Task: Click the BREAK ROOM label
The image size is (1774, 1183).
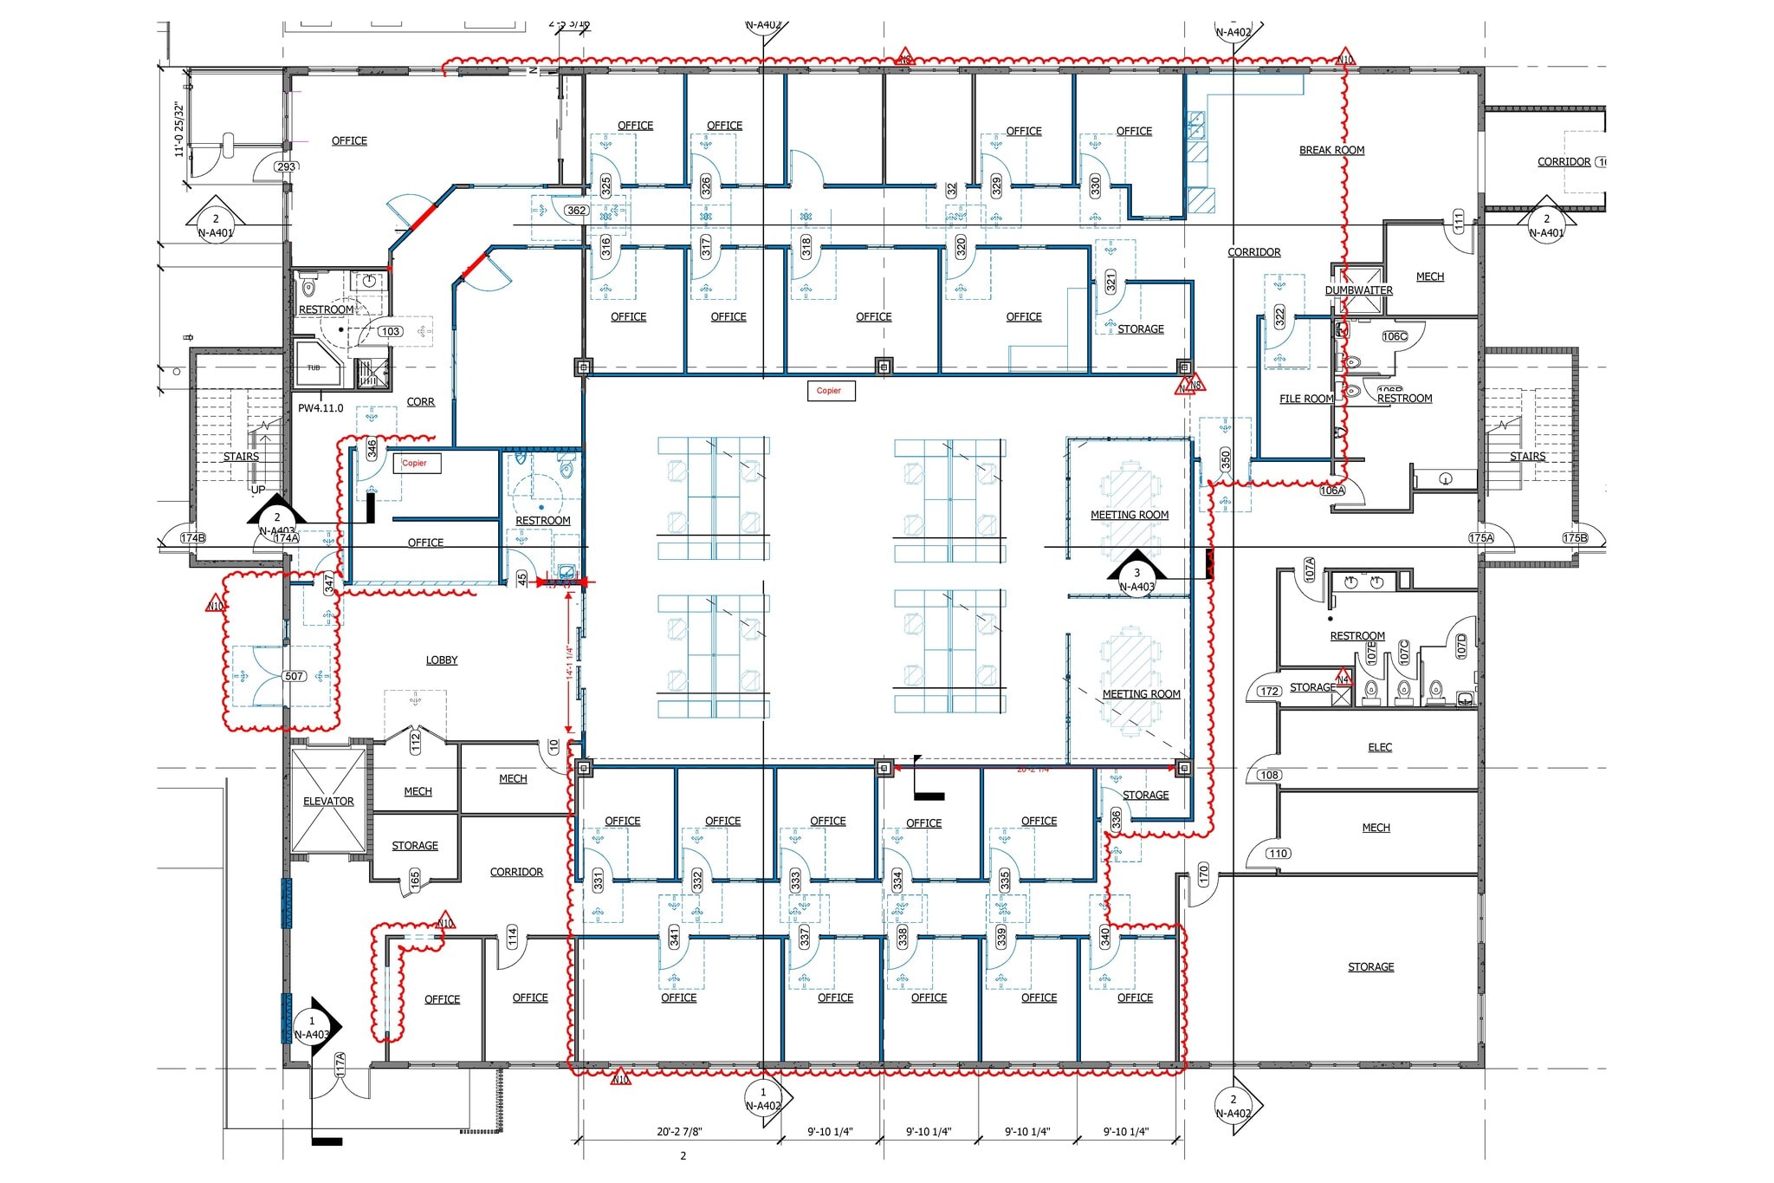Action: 1331,150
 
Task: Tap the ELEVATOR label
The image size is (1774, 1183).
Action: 328,801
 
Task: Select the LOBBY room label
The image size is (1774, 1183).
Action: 442,660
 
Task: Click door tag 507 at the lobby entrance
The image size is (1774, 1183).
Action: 295,676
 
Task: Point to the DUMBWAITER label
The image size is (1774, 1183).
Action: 1358,290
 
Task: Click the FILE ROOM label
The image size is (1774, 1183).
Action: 1306,399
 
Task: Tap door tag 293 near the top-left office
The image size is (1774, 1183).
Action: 286,166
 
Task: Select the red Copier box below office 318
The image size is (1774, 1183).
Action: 829,391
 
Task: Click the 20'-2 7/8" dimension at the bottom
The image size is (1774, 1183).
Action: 678,1131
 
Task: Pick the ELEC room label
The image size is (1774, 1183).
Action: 1380,747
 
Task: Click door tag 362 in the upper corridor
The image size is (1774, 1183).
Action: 576,211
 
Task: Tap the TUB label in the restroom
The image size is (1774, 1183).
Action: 314,367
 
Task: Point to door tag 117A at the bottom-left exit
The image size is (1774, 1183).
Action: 340,1063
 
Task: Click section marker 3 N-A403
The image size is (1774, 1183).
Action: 1136,579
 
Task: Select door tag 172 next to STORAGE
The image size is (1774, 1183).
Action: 1269,692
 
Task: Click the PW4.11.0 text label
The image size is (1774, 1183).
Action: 320,407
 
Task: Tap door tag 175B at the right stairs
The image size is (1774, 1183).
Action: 1575,537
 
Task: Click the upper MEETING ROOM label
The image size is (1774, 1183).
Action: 1130,515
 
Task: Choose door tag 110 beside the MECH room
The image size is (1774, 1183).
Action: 1278,853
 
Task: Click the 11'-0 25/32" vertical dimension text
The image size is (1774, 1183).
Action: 179,129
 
